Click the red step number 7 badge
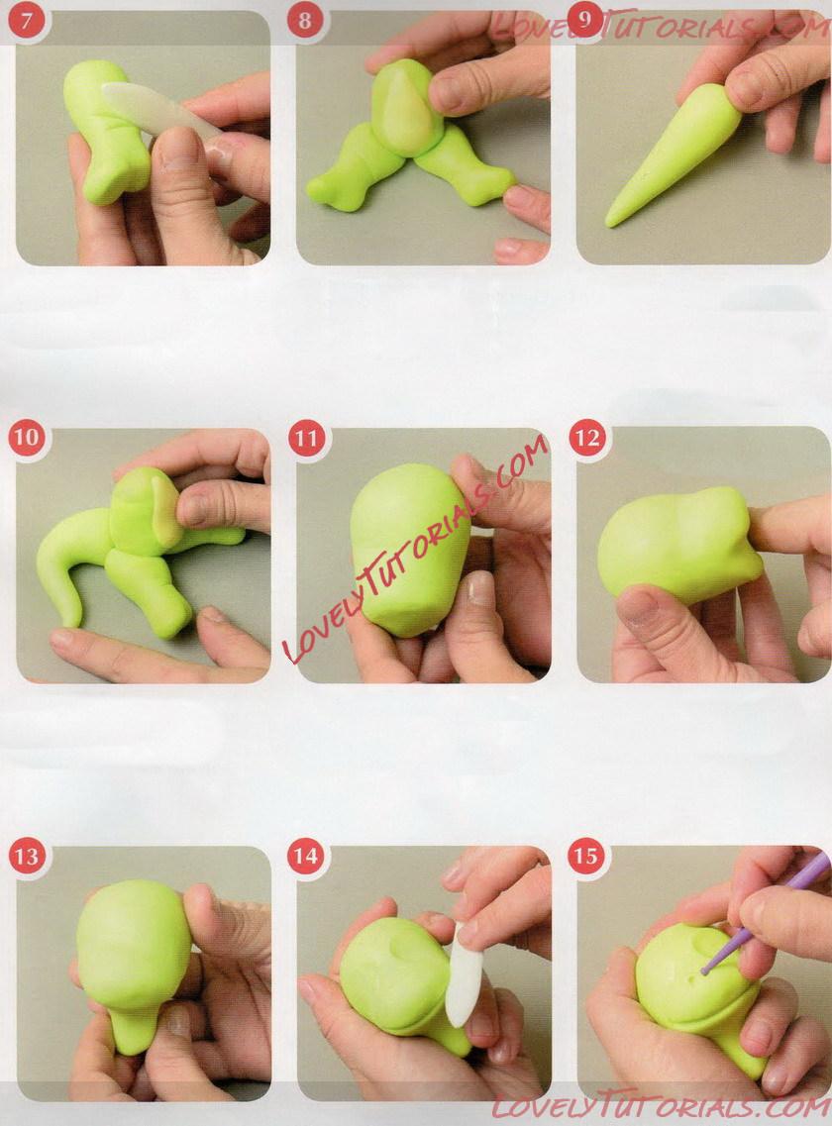point(26,20)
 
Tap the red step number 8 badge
point(305,20)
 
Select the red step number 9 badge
point(584,20)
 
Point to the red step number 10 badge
point(26,438)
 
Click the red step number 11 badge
point(306,438)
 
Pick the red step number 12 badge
point(586,438)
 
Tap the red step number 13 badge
point(26,856)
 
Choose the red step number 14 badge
point(305,856)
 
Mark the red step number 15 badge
point(584,856)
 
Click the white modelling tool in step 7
point(158,111)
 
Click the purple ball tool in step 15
point(762,912)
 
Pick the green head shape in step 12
point(678,545)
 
